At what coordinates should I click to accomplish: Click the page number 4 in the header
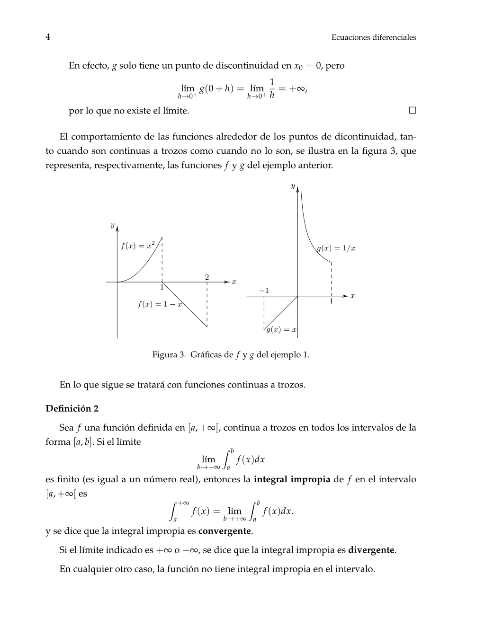pyautogui.click(x=48, y=37)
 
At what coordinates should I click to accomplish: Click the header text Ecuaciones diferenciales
pyautogui.click(x=374, y=37)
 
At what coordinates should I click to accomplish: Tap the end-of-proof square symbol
pyautogui.click(x=413, y=110)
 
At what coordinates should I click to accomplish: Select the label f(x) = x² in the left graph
pyautogui.click(x=137, y=246)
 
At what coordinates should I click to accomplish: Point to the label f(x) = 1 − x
pyautogui.click(x=160, y=305)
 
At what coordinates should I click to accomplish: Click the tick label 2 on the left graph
pyautogui.click(x=207, y=277)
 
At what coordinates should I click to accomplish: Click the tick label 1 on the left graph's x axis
pyautogui.click(x=162, y=287)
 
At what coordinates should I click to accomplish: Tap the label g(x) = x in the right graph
pyautogui.click(x=281, y=330)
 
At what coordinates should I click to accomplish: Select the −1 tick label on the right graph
pyautogui.click(x=264, y=290)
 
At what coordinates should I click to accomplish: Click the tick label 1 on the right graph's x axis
pyautogui.click(x=331, y=301)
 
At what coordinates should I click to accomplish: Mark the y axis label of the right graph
pyautogui.click(x=293, y=186)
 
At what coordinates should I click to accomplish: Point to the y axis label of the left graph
pyautogui.click(x=112, y=225)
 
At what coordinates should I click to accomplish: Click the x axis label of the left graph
pyautogui.click(x=234, y=282)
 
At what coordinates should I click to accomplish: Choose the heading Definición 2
pyautogui.click(x=72, y=408)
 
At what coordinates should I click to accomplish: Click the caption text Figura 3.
pyautogui.click(x=169, y=354)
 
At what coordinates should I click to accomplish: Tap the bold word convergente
pyautogui.click(x=225, y=530)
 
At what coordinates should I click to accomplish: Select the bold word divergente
pyautogui.click(x=371, y=550)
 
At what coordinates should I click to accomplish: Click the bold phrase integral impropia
pyautogui.click(x=292, y=479)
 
